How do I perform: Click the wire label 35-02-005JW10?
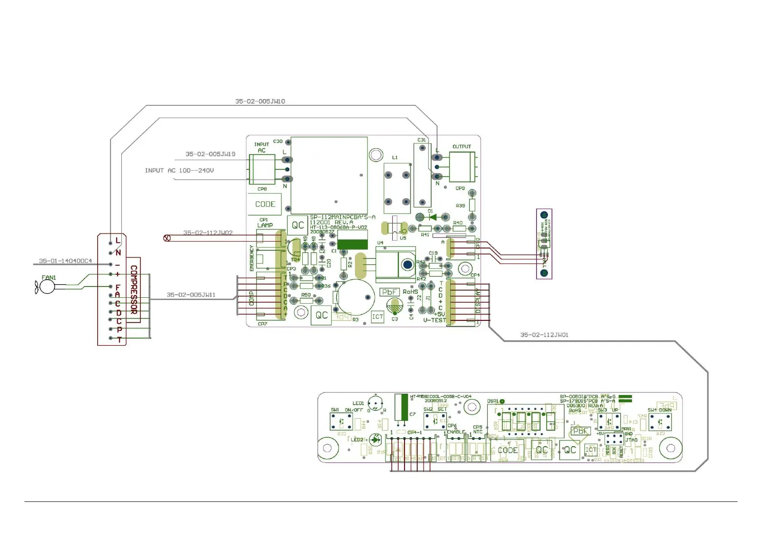[260, 101]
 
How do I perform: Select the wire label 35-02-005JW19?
[210, 154]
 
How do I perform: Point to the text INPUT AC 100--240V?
[179, 171]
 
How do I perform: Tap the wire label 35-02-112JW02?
[208, 233]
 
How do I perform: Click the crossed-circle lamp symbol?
[167, 238]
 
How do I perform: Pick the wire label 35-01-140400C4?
[65, 261]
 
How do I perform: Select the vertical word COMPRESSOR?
[134, 290]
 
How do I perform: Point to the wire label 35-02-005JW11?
[191, 295]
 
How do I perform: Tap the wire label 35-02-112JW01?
[544, 335]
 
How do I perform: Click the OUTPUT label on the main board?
[462, 147]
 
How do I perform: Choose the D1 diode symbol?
[433, 217]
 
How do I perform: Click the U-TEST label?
[434, 320]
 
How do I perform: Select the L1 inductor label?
[395, 157]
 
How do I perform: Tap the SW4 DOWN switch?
[660, 422]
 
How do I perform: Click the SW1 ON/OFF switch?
[342, 421]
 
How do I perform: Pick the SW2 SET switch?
[435, 421]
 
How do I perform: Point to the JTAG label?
[631, 440]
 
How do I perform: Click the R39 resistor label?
[460, 206]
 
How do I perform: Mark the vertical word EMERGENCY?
[252, 258]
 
